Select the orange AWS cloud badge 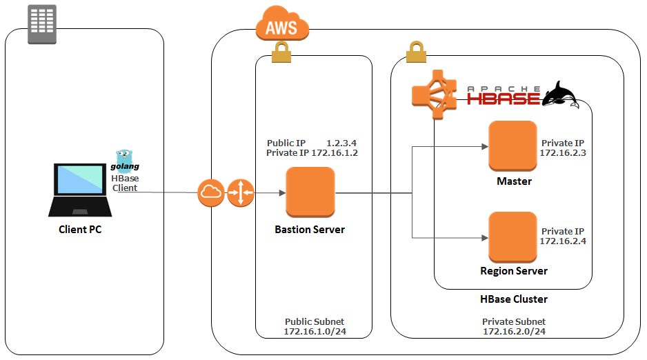click(281, 27)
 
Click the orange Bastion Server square click(310, 193)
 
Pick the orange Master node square click(512, 146)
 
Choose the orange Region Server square click(512, 236)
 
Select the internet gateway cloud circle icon click(211, 192)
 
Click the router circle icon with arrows click(241, 192)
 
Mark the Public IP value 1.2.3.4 click(341, 143)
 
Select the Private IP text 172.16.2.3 click(563, 152)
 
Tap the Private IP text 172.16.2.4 click(563, 241)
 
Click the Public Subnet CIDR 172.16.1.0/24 click(314, 332)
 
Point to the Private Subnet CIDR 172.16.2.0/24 click(514, 332)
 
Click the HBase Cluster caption click(514, 299)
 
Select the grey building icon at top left click(41, 24)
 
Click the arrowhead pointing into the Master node click(483, 146)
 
